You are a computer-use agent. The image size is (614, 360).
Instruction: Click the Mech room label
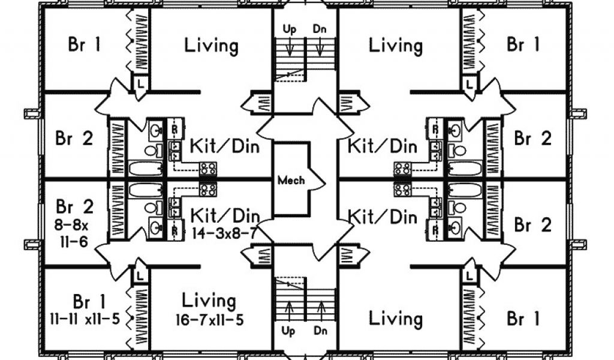291,179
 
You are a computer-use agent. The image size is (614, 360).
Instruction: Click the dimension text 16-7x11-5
209,319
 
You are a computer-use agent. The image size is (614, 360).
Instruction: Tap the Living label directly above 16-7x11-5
209,300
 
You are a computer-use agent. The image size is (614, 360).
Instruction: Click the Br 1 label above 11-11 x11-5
85,300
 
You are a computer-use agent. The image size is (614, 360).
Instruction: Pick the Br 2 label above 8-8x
74,206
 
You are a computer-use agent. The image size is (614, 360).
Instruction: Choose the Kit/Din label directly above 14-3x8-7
225,215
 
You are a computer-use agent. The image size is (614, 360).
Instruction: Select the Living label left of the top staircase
211,45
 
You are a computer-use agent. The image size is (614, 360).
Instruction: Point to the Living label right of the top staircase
396,45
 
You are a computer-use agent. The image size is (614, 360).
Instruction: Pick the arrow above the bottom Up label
288,311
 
